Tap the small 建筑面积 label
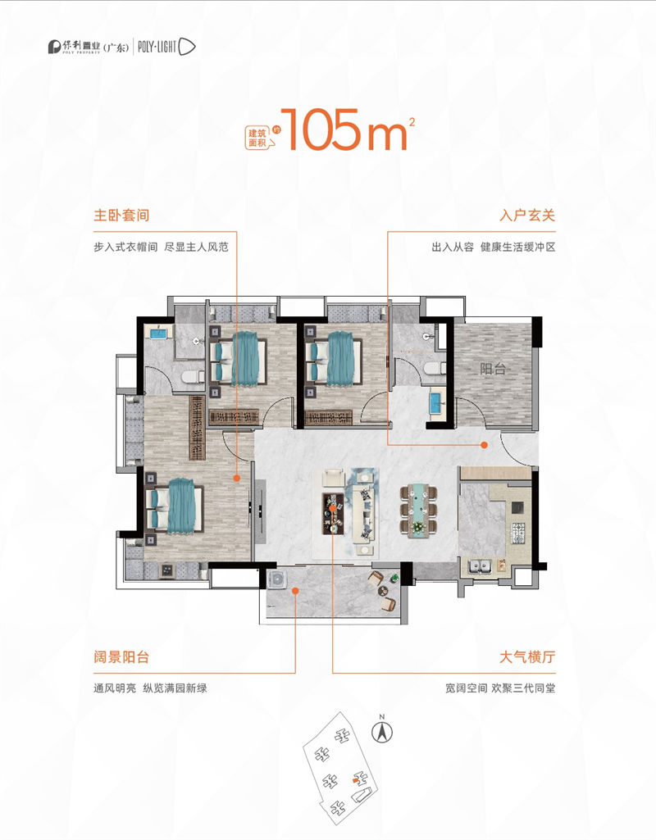[x=257, y=136]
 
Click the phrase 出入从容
[x=453, y=247]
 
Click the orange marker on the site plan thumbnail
[x=354, y=782]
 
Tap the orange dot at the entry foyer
[x=485, y=444]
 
